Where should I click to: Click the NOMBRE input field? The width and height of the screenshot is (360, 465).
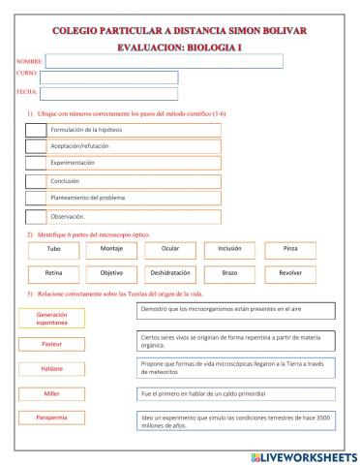(x=165, y=61)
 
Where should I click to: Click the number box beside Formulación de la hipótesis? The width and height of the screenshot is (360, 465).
(x=35, y=129)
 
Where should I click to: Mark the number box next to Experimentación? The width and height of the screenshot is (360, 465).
(x=35, y=164)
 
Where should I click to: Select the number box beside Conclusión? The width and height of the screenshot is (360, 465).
(x=35, y=181)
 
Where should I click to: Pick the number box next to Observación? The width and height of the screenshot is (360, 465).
(x=35, y=216)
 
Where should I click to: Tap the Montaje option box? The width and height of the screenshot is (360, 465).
(x=111, y=249)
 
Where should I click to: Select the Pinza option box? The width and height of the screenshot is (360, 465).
(x=289, y=249)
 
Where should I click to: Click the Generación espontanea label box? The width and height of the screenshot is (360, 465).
(x=51, y=318)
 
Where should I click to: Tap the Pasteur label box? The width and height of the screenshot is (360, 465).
(x=51, y=344)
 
